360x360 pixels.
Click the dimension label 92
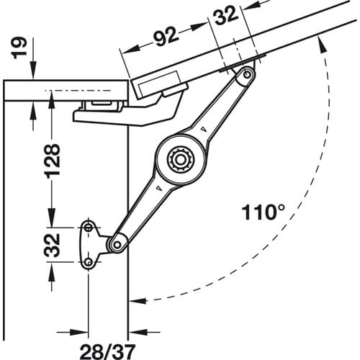[x=166, y=36]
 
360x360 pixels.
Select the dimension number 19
[x=19, y=48]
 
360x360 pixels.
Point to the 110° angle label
[x=264, y=212]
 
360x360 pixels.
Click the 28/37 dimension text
[x=107, y=351]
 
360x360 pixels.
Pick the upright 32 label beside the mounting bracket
[x=52, y=245]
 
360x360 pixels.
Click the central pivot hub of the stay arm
[x=181, y=159]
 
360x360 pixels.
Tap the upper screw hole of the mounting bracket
[x=89, y=228]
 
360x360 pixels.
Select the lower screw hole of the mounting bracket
[x=89, y=261]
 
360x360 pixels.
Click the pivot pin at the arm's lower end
[x=117, y=245]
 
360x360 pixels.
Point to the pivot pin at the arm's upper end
[x=246, y=75]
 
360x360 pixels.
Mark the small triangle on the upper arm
[x=204, y=129]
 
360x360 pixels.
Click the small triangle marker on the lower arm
[x=159, y=188]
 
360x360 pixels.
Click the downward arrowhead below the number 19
[x=33, y=70]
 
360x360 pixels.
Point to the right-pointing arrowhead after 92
[x=199, y=27]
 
